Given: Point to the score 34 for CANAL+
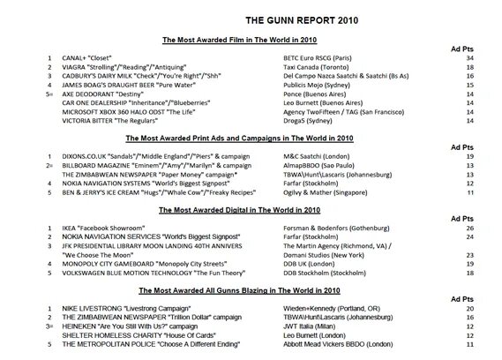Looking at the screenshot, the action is point(469,57).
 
